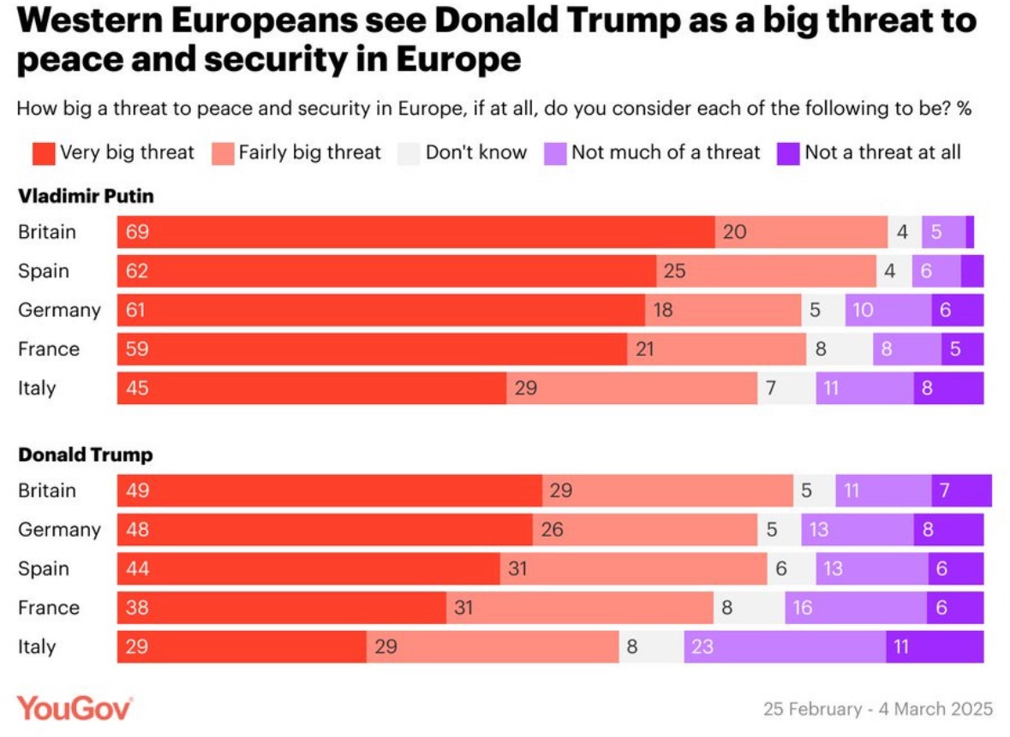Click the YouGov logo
coord(75,709)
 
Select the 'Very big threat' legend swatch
coord(44,153)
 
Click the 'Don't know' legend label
coord(476,153)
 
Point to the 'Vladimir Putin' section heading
coord(86,196)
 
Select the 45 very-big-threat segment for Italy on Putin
coord(312,389)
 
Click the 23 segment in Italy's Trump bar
coord(785,647)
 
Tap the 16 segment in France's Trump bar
coord(856,608)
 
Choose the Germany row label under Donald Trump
coord(59,530)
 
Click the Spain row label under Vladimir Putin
coord(44,271)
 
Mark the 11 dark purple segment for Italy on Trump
coord(935,647)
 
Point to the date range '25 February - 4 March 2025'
coord(878,710)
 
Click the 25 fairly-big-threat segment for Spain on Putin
coord(766,271)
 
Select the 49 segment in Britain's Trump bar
coord(330,490)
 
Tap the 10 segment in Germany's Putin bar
coord(888,310)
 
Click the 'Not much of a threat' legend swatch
coord(556,153)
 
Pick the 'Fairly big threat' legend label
coord(309,153)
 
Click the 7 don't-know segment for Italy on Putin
coord(786,389)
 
